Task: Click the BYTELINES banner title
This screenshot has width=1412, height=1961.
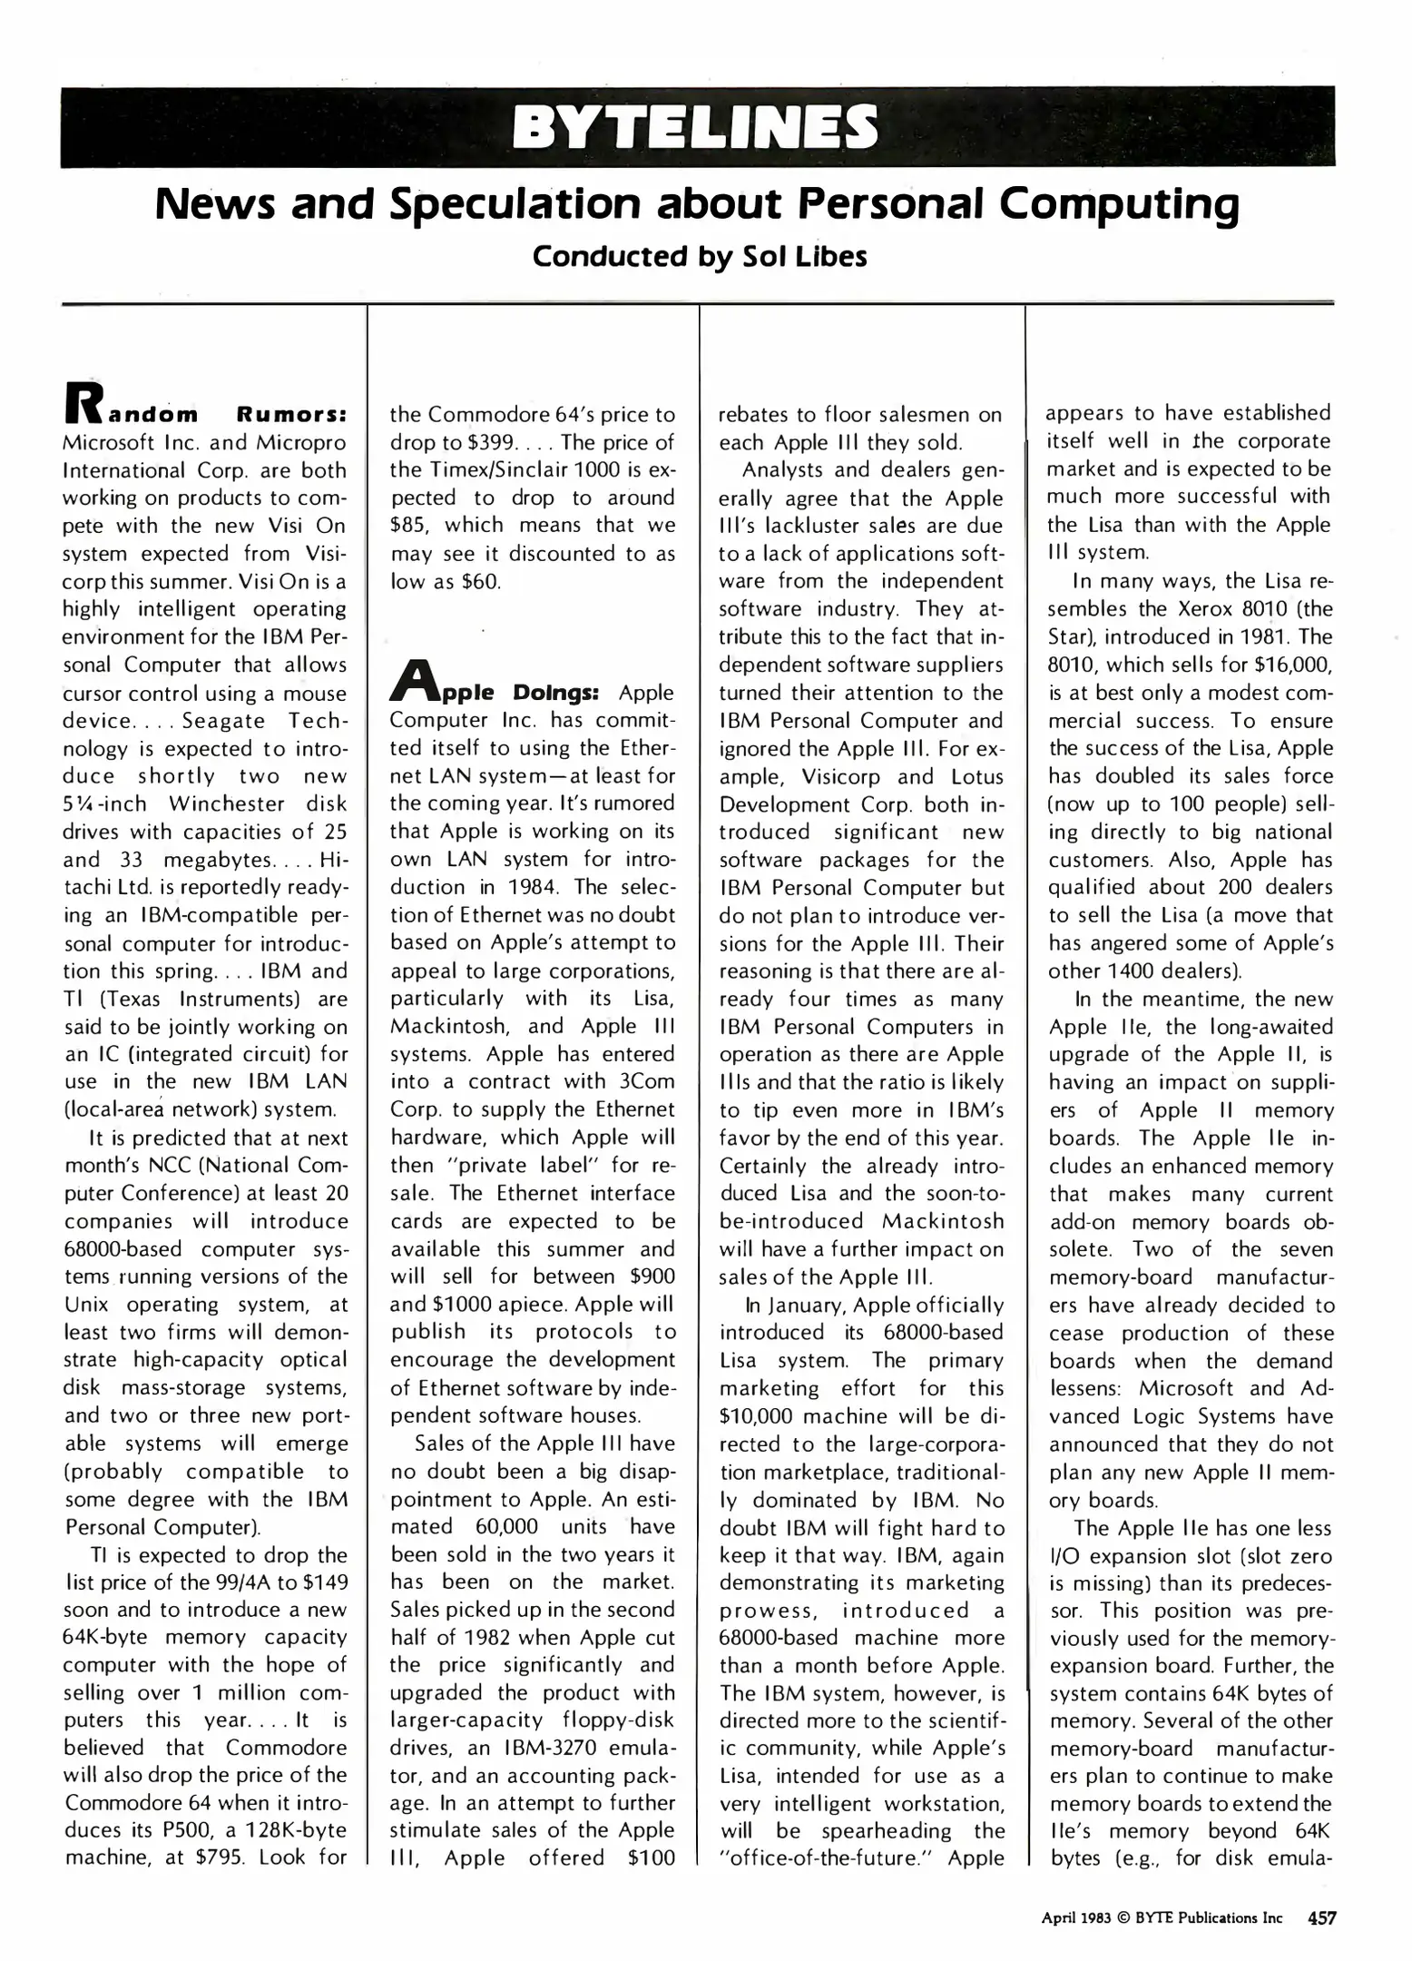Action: click(695, 126)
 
